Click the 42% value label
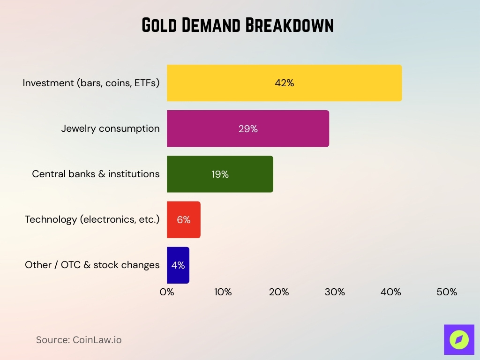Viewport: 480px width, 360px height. pyautogui.click(x=285, y=83)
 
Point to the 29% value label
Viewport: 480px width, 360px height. pyautogui.click(x=248, y=128)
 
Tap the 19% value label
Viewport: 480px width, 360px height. pyautogui.click(x=219, y=174)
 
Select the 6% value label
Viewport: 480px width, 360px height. pyautogui.click(x=184, y=219)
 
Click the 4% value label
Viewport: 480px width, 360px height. pyautogui.click(x=178, y=265)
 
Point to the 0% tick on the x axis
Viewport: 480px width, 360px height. pyautogui.click(x=167, y=292)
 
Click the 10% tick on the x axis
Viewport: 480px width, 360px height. pyautogui.click(x=223, y=292)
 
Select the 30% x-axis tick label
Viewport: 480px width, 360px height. pyautogui.click(x=335, y=292)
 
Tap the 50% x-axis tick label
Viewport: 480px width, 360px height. pyautogui.click(x=447, y=292)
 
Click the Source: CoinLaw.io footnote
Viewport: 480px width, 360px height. pyautogui.click(x=79, y=340)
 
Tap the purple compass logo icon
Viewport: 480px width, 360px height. pyautogui.click(x=459, y=339)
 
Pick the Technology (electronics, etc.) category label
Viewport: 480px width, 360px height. pyautogui.click(x=92, y=219)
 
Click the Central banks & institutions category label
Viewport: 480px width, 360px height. pyautogui.click(x=96, y=174)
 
